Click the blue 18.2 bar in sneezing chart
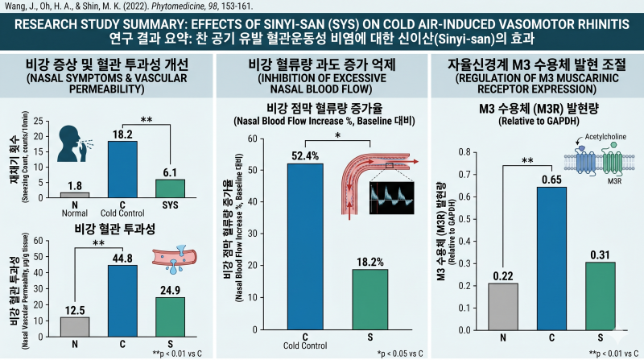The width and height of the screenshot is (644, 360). click(122, 169)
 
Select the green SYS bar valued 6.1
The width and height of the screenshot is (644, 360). click(170, 188)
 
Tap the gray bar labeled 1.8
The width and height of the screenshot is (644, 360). click(75, 195)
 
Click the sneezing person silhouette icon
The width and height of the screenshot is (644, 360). click(75, 143)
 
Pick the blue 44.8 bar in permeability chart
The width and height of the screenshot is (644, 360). click(122, 301)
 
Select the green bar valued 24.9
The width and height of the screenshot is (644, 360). click(170, 317)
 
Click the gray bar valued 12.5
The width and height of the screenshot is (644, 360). click(75, 327)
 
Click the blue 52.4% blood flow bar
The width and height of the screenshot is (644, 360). click(305, 246)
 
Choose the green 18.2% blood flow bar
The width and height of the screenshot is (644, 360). click(370, 299)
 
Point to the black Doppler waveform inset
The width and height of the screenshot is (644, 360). click(392, 198)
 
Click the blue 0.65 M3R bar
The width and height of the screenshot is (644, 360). click(551, 259)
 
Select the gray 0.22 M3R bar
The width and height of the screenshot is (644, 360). click(503, 307)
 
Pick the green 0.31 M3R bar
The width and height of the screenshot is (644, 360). click(600, 296)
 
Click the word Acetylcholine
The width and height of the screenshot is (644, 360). click(605, 136)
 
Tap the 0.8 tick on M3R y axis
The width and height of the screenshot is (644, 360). click(464, 152)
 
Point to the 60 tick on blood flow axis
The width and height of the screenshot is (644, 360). click(252, 139)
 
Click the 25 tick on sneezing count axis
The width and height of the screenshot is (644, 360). click(38, 122)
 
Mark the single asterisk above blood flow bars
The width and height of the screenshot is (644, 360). click(337, 135)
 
